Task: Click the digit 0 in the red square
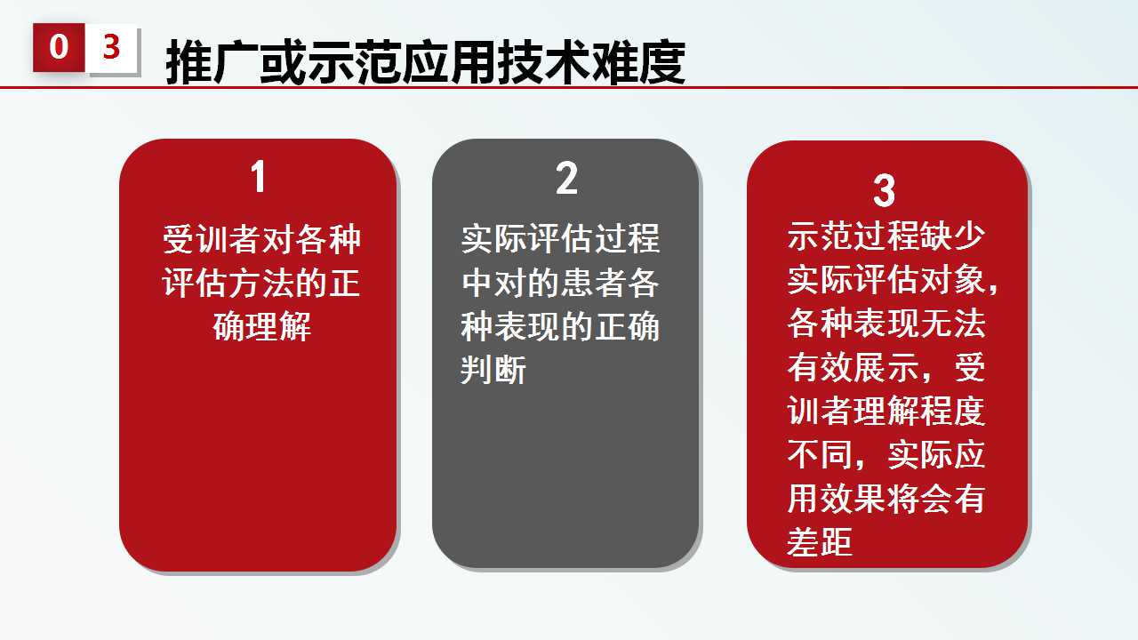59,47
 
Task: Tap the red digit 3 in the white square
111,47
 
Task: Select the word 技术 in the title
544,62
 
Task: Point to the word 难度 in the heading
638,62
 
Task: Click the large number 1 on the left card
259,176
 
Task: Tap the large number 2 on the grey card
566,179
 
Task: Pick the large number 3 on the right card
884,191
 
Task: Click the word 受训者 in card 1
212,239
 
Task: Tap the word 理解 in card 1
278,326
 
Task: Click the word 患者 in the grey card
593,283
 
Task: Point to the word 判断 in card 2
493,369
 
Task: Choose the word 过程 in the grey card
627,239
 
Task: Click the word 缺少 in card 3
952,236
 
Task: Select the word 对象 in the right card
952,279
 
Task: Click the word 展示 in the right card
886,367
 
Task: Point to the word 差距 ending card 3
820,541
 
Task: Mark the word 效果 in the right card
853,499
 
